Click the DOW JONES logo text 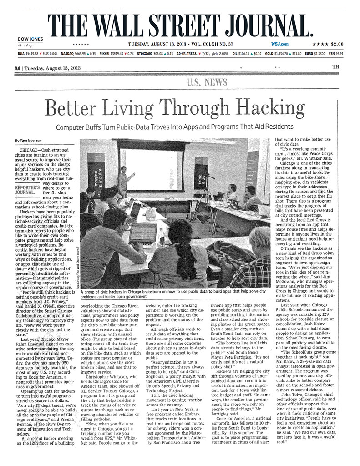[x=30, y=39]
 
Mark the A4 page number [x=17, y=68]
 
